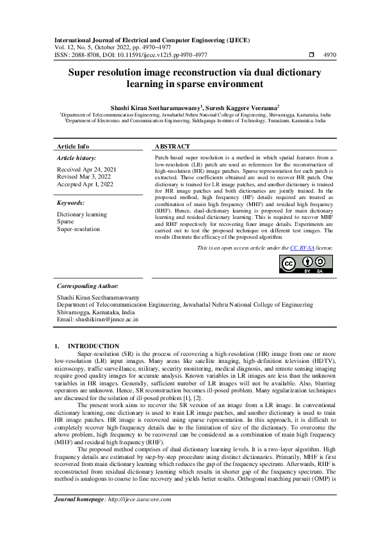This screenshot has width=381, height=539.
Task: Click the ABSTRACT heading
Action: (x=172, y=147)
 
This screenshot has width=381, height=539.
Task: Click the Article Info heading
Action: (x=74, y=147)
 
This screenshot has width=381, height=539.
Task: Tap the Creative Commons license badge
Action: (x=307, y=263)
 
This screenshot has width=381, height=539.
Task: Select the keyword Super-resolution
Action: (x=78, y=229)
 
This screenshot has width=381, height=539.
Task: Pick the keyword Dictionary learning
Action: (x=82, y=214)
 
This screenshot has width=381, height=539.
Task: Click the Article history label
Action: (x=76, y=157)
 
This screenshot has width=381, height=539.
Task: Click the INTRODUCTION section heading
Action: (x=93, y=346)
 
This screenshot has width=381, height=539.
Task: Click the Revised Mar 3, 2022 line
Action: (x=83, y=176)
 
